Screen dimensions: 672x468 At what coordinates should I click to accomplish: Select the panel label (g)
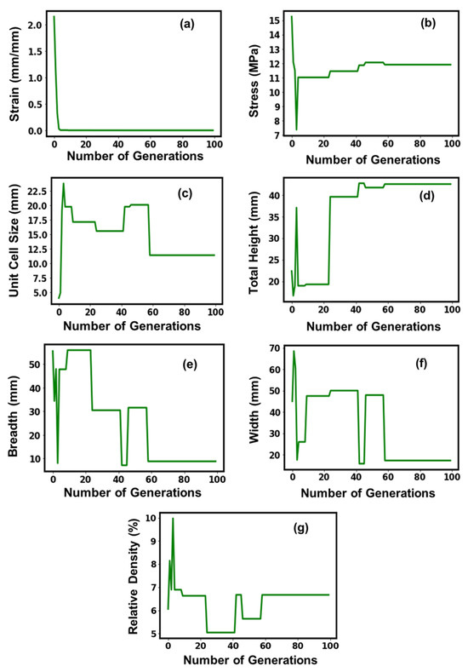[300, 528]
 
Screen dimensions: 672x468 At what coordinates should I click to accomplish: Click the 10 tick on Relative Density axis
[151, 518]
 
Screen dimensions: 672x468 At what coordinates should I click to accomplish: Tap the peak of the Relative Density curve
[173, 519]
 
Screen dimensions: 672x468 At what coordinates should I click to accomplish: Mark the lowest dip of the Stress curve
[296, 129]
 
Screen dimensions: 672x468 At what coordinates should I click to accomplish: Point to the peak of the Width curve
[294, 351]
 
